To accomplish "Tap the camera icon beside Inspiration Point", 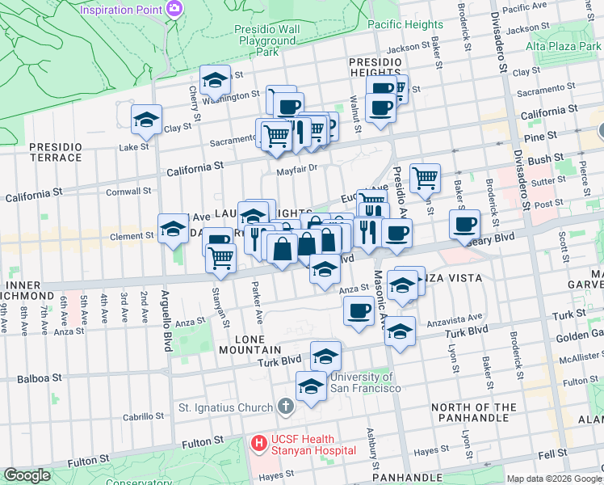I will (174, 8).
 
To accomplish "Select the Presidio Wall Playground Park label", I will (266, 40).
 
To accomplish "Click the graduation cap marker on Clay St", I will (146, 120).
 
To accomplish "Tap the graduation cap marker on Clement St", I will (173, 230).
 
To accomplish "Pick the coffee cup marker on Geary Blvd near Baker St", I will (464, 224).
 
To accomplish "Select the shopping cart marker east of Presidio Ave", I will (425, 176).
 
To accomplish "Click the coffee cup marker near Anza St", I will (359, 310).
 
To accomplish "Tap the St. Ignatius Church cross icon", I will (284, 405).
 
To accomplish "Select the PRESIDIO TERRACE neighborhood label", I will (56, 152).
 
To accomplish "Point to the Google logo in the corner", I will (27, 475).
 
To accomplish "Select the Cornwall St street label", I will (130, 192).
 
